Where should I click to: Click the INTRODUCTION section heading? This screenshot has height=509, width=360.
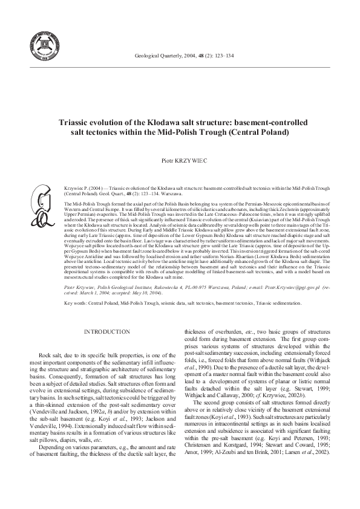pos(107,332)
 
